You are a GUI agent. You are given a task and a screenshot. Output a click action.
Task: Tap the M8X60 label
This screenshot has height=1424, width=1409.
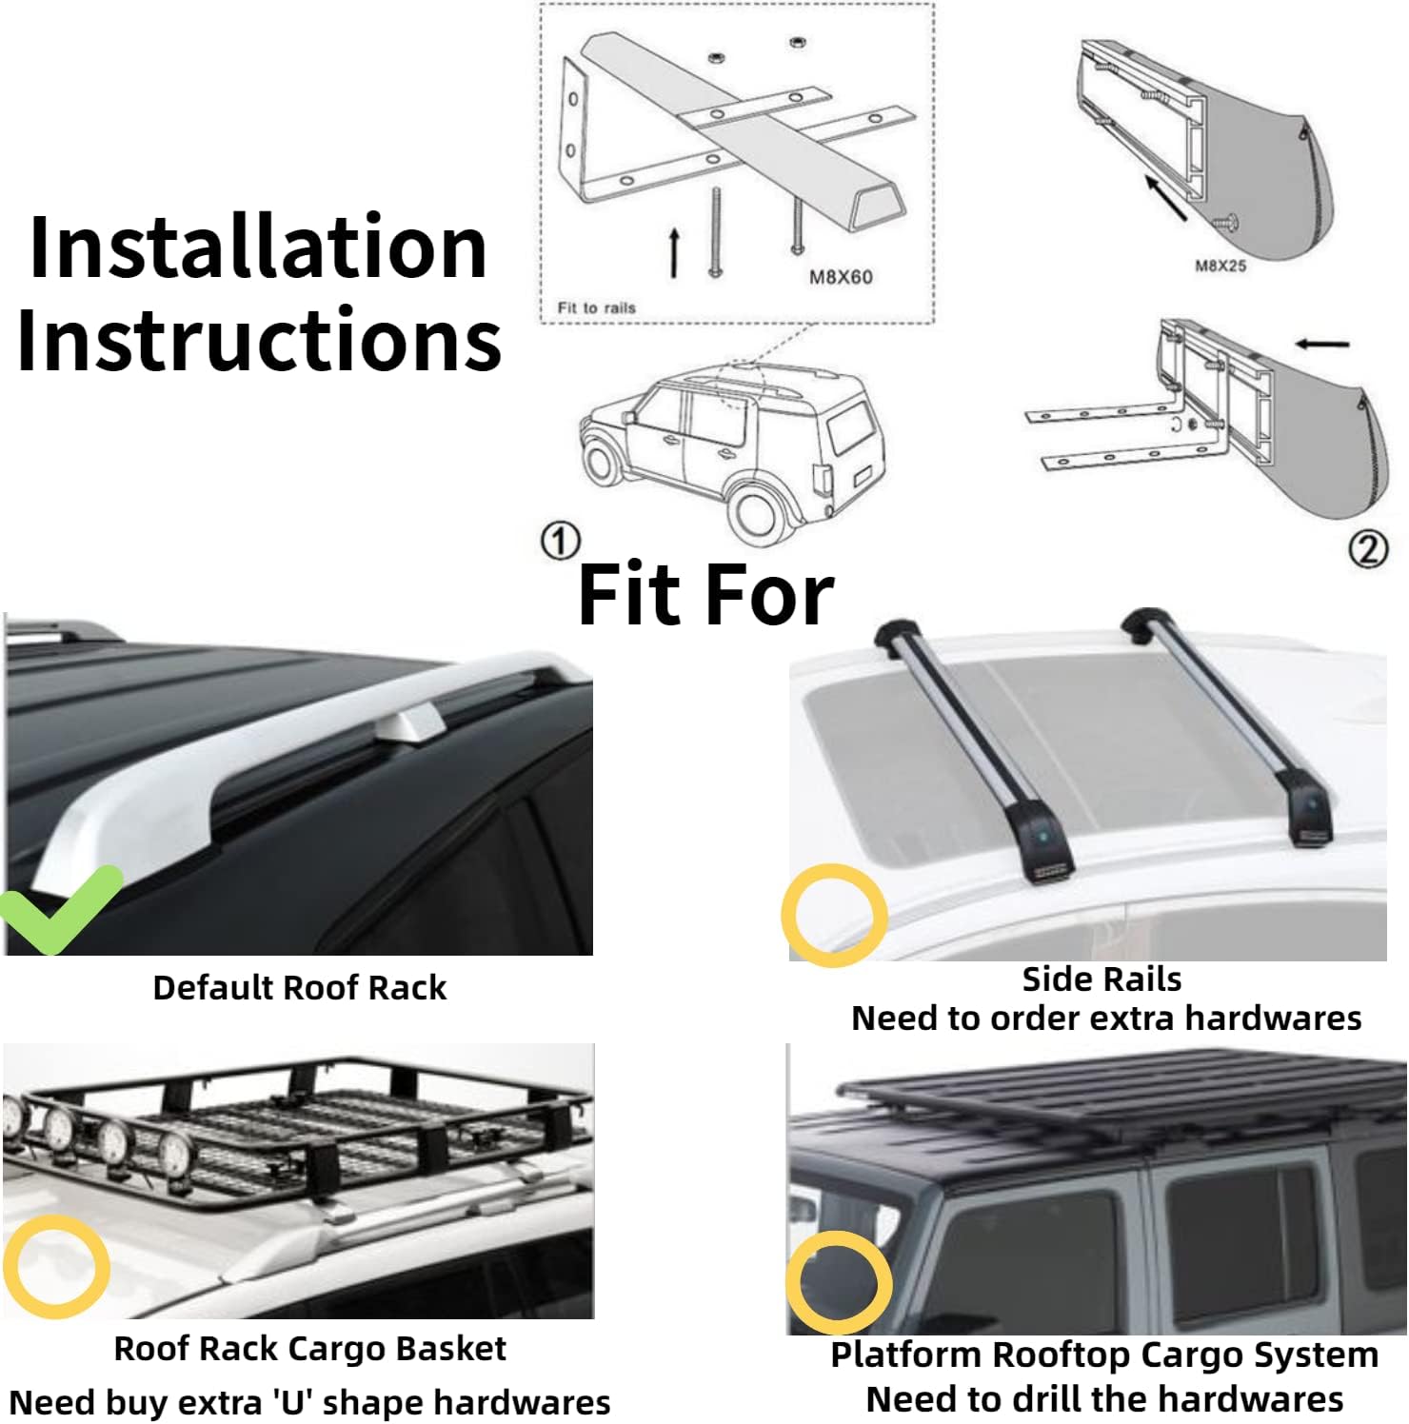point(840,277)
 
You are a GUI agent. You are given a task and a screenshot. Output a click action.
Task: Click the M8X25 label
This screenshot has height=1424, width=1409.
point(1220,266)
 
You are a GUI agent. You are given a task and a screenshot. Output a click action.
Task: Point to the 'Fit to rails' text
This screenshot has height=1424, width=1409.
point(596,307)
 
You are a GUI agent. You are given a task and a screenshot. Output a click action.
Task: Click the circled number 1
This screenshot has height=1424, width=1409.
point(560,542)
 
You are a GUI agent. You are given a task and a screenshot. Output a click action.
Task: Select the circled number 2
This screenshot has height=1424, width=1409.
point(1367,549)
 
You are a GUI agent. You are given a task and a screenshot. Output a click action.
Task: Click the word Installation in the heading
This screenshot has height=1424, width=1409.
point(258,247)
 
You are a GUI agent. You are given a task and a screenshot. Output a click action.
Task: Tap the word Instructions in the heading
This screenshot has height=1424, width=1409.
point(259,341)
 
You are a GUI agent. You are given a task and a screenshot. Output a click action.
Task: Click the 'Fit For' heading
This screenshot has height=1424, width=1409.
point(705,595)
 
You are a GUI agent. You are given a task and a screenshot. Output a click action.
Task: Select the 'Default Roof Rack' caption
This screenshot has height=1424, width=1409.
point(299,988)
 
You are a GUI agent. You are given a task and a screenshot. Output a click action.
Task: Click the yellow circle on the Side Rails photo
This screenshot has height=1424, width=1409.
point(834,915)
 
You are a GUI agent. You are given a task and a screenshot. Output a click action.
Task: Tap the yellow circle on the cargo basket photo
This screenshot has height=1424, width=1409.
point(56,1266)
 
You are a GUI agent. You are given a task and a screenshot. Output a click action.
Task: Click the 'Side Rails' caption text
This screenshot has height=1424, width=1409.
point(1101,979)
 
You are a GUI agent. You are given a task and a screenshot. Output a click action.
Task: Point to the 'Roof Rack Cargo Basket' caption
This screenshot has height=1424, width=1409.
point(309,1348)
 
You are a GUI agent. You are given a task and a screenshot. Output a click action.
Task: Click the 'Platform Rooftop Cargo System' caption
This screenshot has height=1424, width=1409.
point(1104,1354)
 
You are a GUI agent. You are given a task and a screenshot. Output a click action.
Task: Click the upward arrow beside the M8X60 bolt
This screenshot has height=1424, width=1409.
point(674,252)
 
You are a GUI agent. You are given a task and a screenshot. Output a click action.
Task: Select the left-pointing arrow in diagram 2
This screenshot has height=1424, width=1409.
point(1322,344)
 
